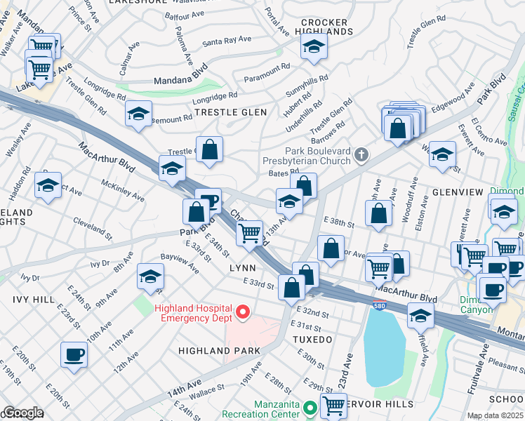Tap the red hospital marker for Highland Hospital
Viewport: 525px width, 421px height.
tap(243, 312)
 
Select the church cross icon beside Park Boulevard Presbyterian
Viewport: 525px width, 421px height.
tap(361, 154)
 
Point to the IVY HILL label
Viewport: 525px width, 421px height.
tap(33, 300)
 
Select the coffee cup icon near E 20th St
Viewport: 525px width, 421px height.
tap(74, 354)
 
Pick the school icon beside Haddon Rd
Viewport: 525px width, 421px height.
tap(48, 185)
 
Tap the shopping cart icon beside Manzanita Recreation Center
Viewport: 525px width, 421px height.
tap(333, 405)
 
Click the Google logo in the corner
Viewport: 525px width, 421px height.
tap(22, 413)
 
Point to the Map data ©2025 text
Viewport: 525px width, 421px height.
tap(495, 415)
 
